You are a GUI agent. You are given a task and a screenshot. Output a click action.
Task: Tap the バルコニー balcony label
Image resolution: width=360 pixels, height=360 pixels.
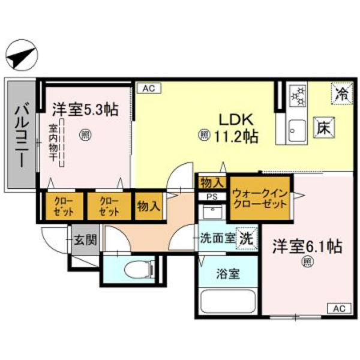(20, 134)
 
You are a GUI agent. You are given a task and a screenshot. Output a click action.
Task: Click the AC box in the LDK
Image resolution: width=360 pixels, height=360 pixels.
(149, 89)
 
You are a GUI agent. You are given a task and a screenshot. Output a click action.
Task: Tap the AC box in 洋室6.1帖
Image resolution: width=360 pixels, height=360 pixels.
(338, 308)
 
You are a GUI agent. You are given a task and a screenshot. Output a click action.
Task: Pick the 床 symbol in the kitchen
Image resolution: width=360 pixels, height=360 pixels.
(323, 127)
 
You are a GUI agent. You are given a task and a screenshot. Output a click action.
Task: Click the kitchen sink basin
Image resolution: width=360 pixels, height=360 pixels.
(295, 128)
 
